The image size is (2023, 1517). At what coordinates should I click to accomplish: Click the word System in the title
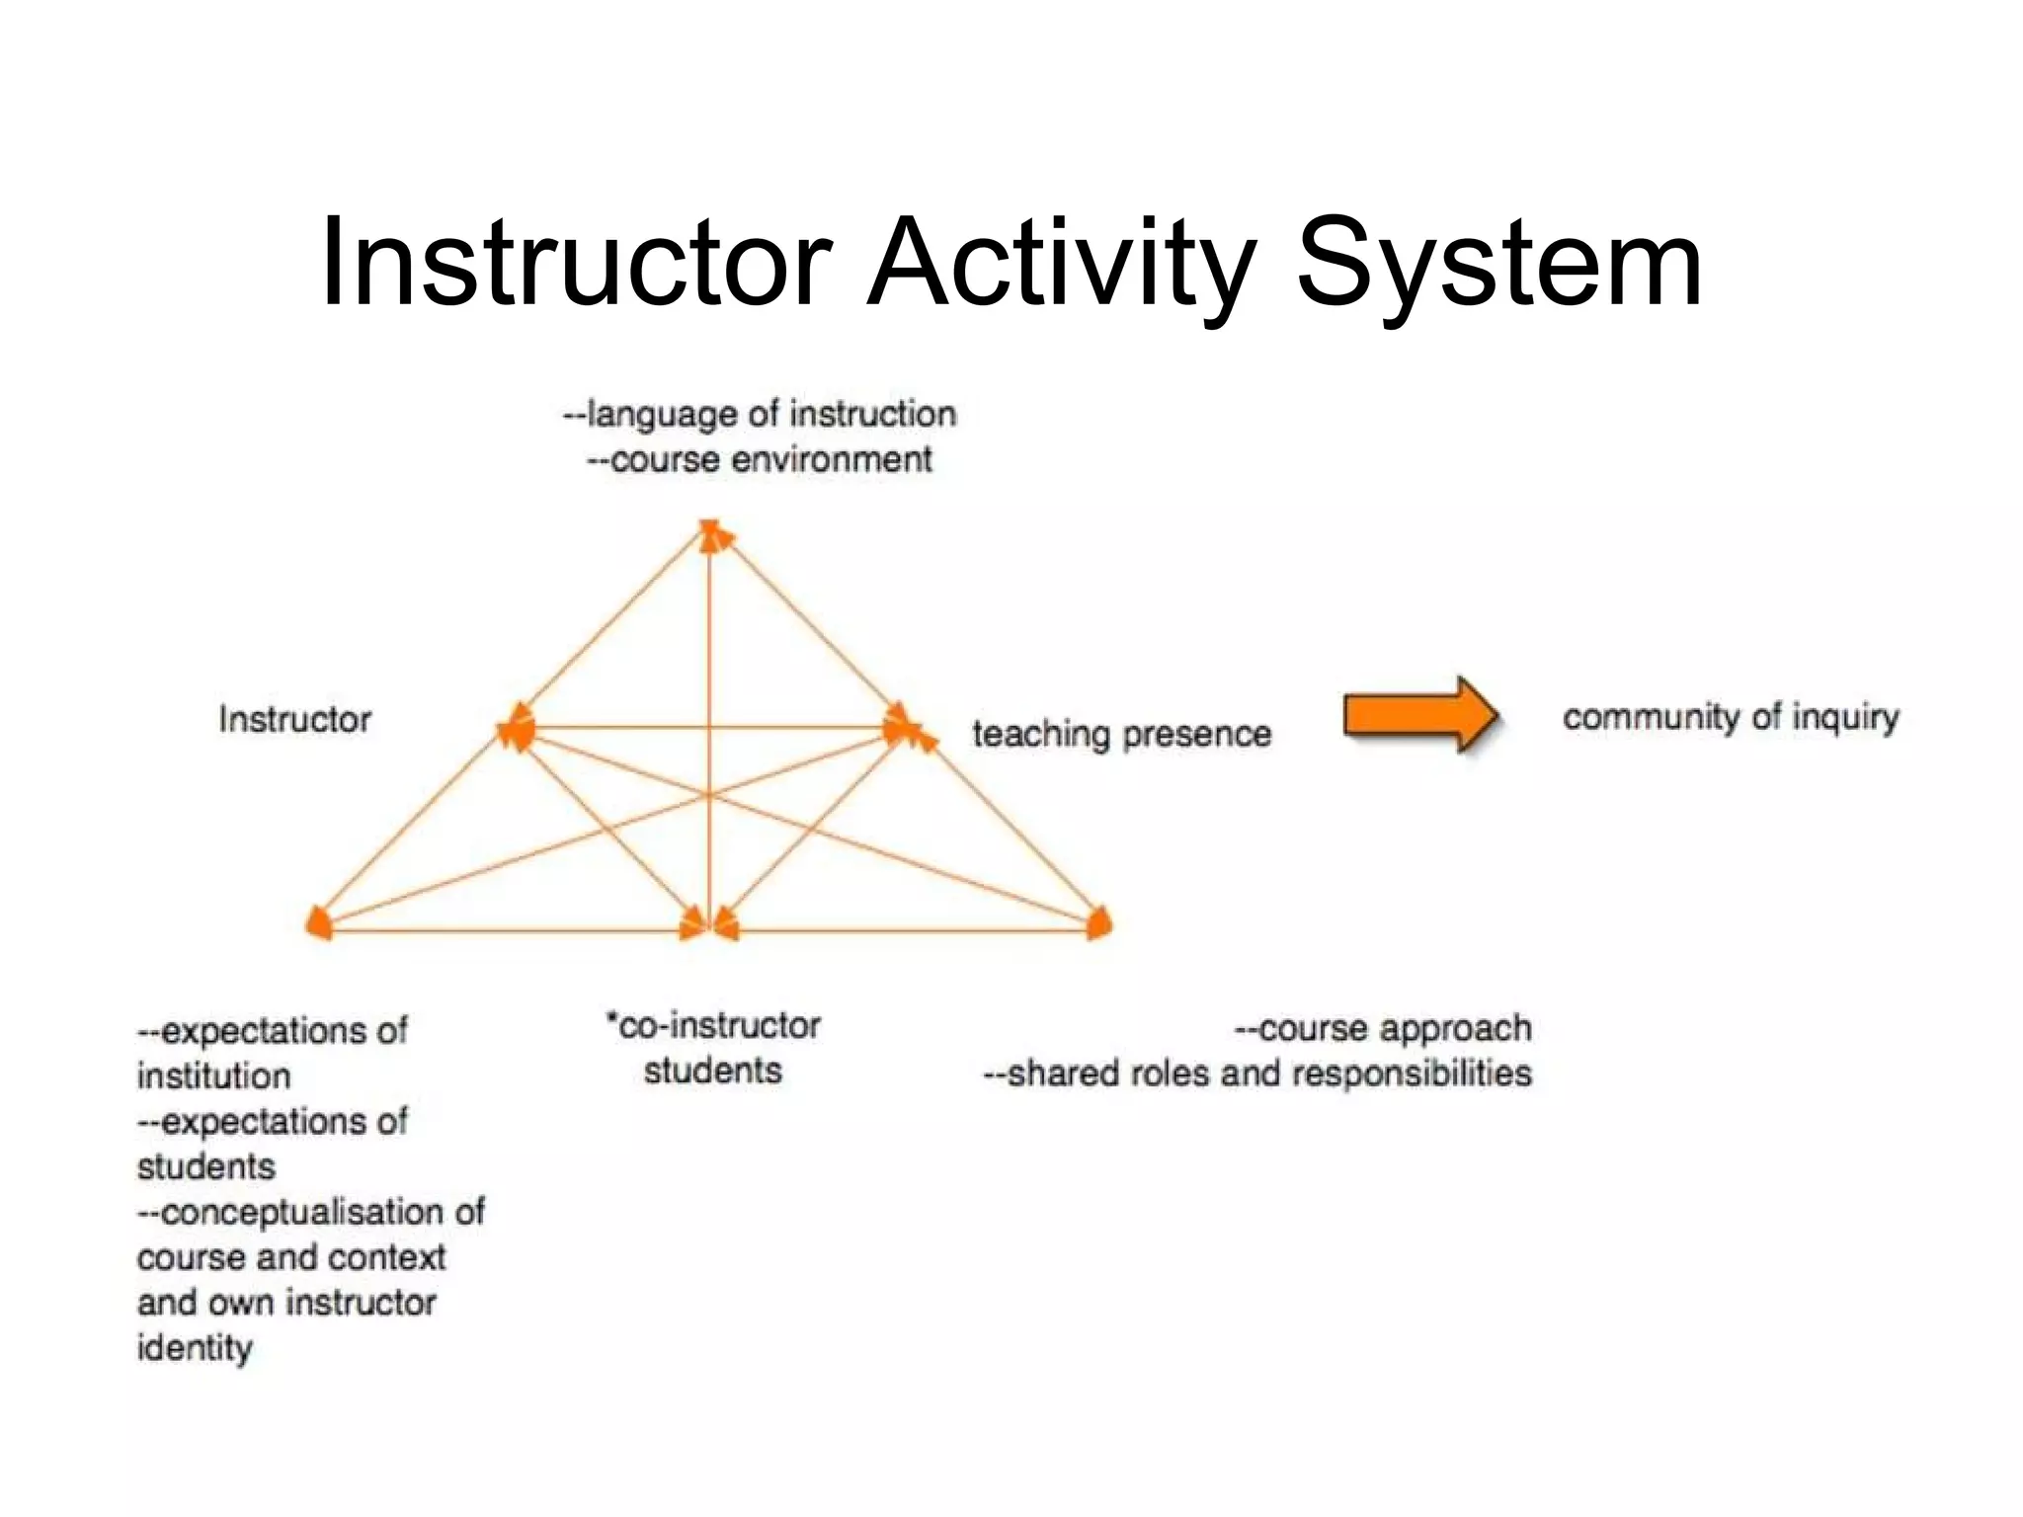pos(1498,264)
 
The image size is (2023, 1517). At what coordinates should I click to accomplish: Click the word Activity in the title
pos(1061,264)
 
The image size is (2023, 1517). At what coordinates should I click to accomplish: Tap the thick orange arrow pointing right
pos(1420,715)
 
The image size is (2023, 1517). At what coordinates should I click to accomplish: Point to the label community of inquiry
pos(1730,717)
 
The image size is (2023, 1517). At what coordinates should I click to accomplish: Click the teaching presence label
pos(1121,734)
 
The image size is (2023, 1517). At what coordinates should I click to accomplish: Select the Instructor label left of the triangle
pos(294,719)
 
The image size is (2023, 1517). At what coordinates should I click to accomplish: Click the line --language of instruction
pos(760,414)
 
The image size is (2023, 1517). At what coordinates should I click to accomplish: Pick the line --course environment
pos(760,459)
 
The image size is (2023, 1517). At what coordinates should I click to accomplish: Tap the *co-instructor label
pos(713,1025)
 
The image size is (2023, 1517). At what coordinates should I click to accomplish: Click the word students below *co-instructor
pos(713,1071)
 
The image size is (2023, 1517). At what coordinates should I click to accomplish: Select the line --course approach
pos(1383,1028)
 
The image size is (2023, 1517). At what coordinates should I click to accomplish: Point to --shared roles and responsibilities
pos(1257,1074)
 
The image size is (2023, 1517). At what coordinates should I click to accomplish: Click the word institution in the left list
pos(214,1076)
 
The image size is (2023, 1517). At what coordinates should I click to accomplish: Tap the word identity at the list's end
pos(195,1347)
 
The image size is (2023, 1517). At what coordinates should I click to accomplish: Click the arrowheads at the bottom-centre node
pos(709,926)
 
